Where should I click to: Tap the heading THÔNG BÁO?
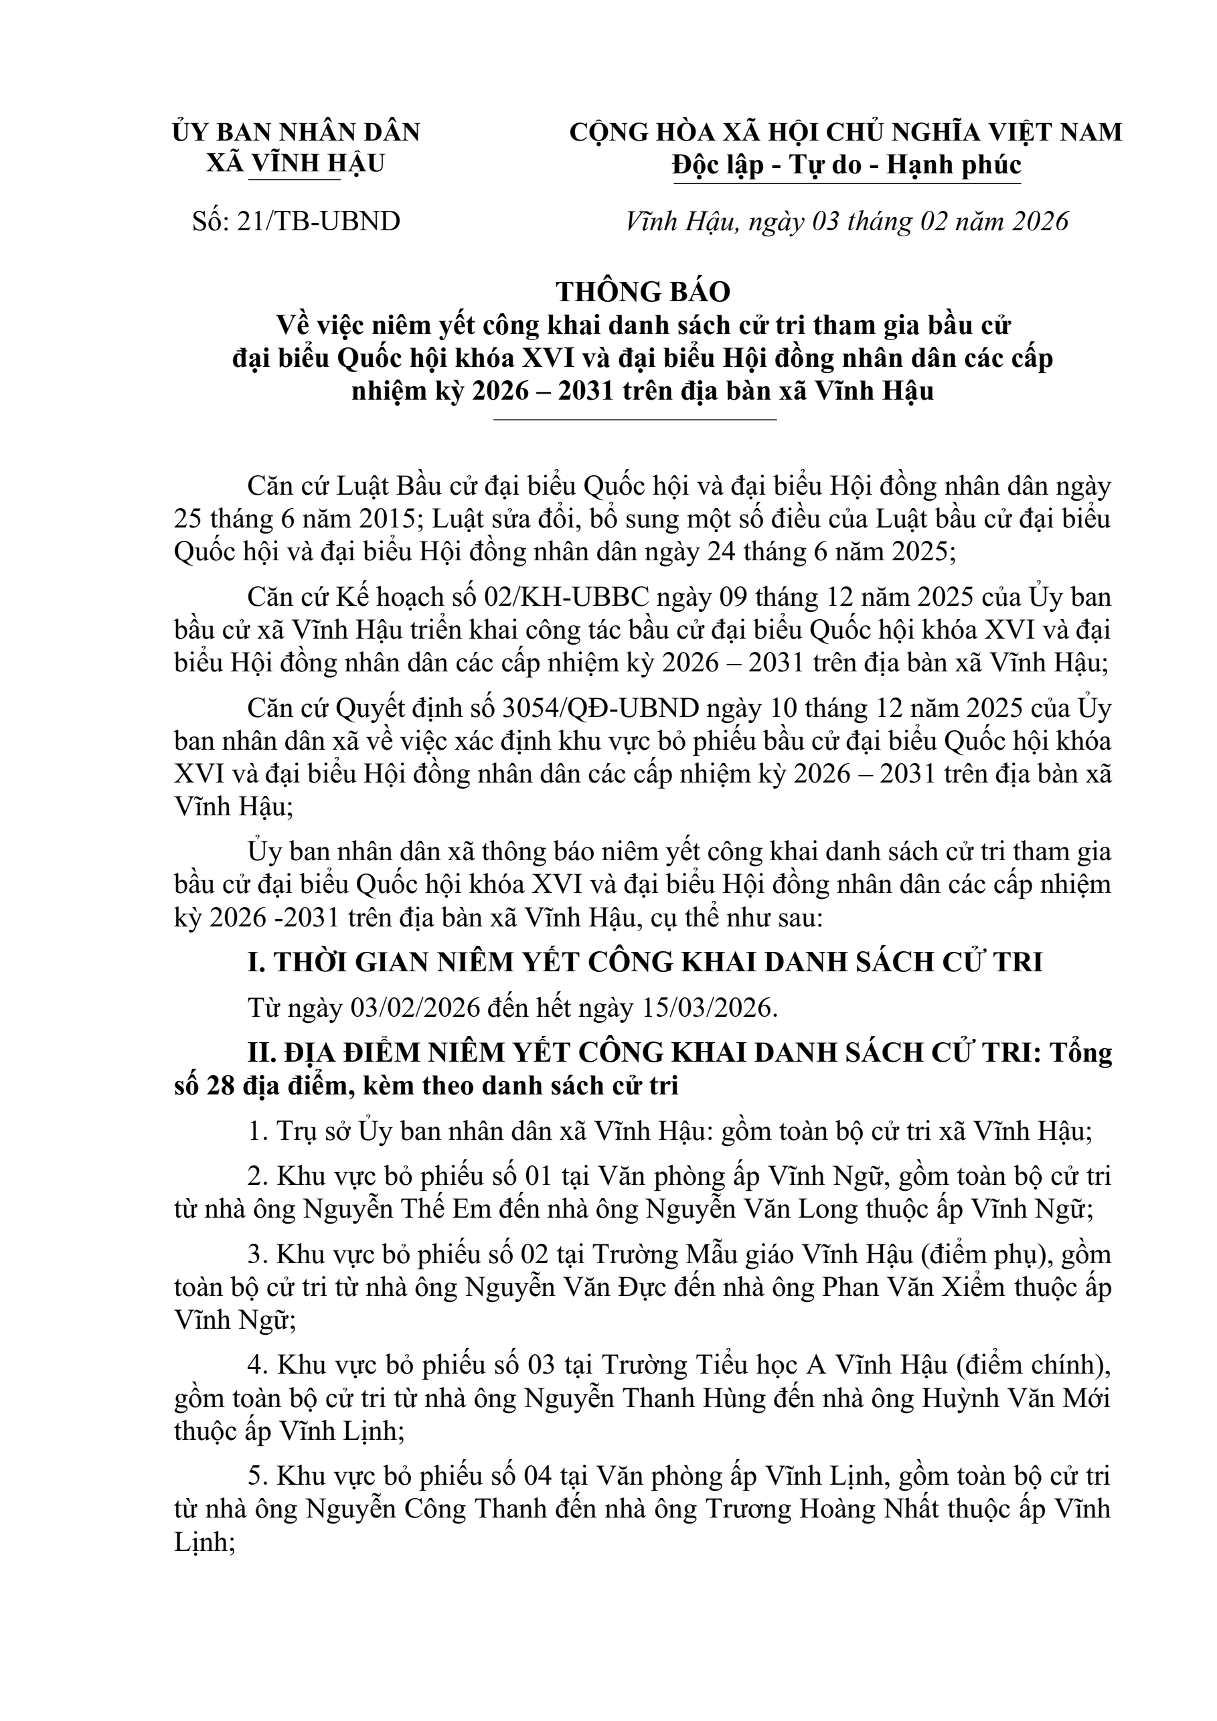(642, 291)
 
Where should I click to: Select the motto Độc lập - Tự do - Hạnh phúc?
(846, 164)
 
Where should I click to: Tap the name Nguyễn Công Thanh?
(426, 1509)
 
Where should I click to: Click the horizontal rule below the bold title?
(635, 420)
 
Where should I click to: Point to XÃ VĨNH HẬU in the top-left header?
(295, 163)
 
